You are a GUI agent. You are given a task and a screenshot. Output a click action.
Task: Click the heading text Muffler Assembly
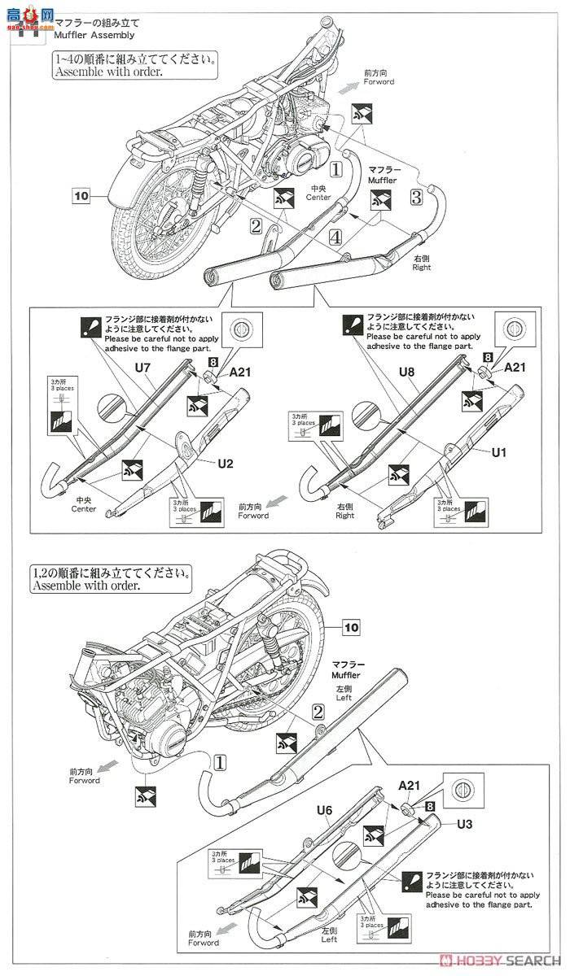pos(93,36)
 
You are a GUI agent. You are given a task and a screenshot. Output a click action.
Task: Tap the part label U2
pos(226,464)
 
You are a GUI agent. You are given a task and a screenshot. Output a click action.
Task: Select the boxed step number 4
pos(335,238)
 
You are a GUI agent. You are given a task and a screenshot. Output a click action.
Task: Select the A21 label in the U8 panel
pos(515,368)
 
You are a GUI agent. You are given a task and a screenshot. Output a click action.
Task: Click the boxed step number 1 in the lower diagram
pos(221,761)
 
